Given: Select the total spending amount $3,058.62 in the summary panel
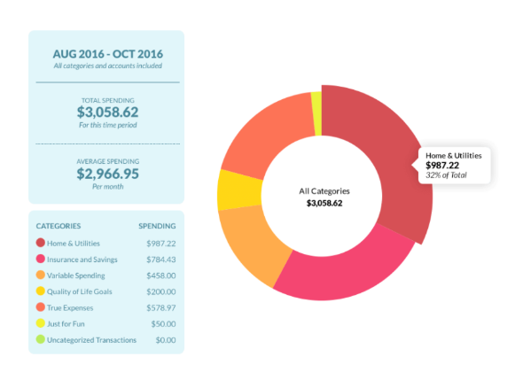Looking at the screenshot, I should [106, 112].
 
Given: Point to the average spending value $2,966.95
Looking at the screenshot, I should [106, 174].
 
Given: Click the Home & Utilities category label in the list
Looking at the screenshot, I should [74, 243].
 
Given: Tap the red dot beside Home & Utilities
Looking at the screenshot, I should [41, 243].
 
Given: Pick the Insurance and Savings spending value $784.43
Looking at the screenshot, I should [160, 259].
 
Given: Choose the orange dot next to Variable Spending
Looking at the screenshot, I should [41, 275].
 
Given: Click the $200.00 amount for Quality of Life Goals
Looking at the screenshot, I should [160, 291].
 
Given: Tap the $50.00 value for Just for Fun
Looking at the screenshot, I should [163, 323].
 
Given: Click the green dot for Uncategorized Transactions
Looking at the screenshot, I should [41, 339].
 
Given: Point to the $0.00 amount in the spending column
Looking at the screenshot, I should [165, 339].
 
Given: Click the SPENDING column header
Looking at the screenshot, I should [157, 225].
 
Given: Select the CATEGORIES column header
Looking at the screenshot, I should [59, 225].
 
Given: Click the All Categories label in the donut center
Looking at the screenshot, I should [324, 190].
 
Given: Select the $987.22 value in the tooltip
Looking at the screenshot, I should [443, 166].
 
